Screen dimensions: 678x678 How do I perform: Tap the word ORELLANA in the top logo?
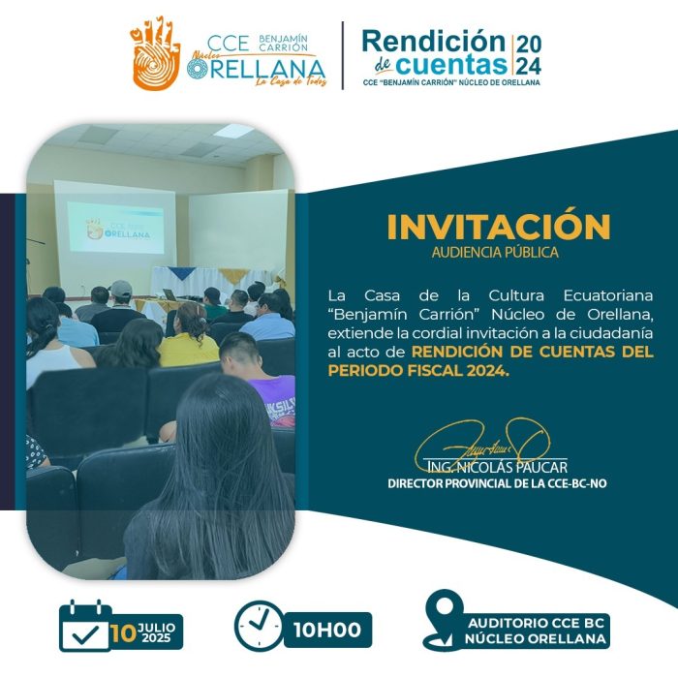click(x=256, y=69)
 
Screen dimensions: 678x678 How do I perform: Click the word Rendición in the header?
click(x=433, y=42)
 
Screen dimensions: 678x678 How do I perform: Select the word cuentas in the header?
click(x=451, y=65)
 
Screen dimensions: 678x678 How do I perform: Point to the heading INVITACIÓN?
click(x=499, y=226)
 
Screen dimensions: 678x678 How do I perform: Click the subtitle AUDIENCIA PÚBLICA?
click(x=495, y=252)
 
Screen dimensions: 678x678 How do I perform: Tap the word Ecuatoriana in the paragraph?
click(x=608, y=295)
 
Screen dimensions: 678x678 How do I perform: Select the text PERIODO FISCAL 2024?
click(x=416, y=371)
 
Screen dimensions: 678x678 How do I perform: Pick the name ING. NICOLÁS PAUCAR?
click(x=497, y=467)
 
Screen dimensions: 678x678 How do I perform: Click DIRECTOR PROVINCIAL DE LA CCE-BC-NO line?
click(x=497, y=483)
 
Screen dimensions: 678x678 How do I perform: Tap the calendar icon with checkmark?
click(x=85, y=626)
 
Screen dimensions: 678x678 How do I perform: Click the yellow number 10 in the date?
click(x=124, y=633)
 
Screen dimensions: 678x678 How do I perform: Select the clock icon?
click(x=259, y=626)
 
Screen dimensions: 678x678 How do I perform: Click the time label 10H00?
click(x=327, y=630)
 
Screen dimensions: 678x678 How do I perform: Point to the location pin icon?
click(x=444, y=618)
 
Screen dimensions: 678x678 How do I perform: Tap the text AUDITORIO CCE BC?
click(x=537, y=623)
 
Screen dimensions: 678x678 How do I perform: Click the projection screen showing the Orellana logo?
click(x=116, y=228)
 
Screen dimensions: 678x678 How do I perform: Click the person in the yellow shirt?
click(x=189, y=335)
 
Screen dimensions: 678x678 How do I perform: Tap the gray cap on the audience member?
click(x=121, y=288)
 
